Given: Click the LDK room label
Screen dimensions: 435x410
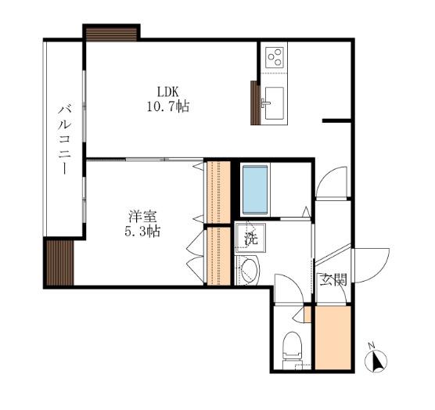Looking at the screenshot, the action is (167, 92).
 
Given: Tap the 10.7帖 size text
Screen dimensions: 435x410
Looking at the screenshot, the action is (168, 106).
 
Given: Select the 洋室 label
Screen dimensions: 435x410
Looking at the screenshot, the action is (143, 217).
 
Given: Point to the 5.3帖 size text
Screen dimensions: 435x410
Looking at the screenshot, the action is (142, 231).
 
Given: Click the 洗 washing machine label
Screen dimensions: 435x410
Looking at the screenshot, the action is (251, 239).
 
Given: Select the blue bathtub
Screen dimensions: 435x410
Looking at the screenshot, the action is (255, 190).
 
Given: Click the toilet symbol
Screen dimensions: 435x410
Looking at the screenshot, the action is (291, 351).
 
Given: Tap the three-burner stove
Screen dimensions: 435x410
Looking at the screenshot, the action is (275, 58).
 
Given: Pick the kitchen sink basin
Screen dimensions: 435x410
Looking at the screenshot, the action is (274, 103).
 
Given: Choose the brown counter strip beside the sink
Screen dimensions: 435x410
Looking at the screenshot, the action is (255, 102).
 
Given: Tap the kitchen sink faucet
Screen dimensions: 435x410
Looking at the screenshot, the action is (264, 103).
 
